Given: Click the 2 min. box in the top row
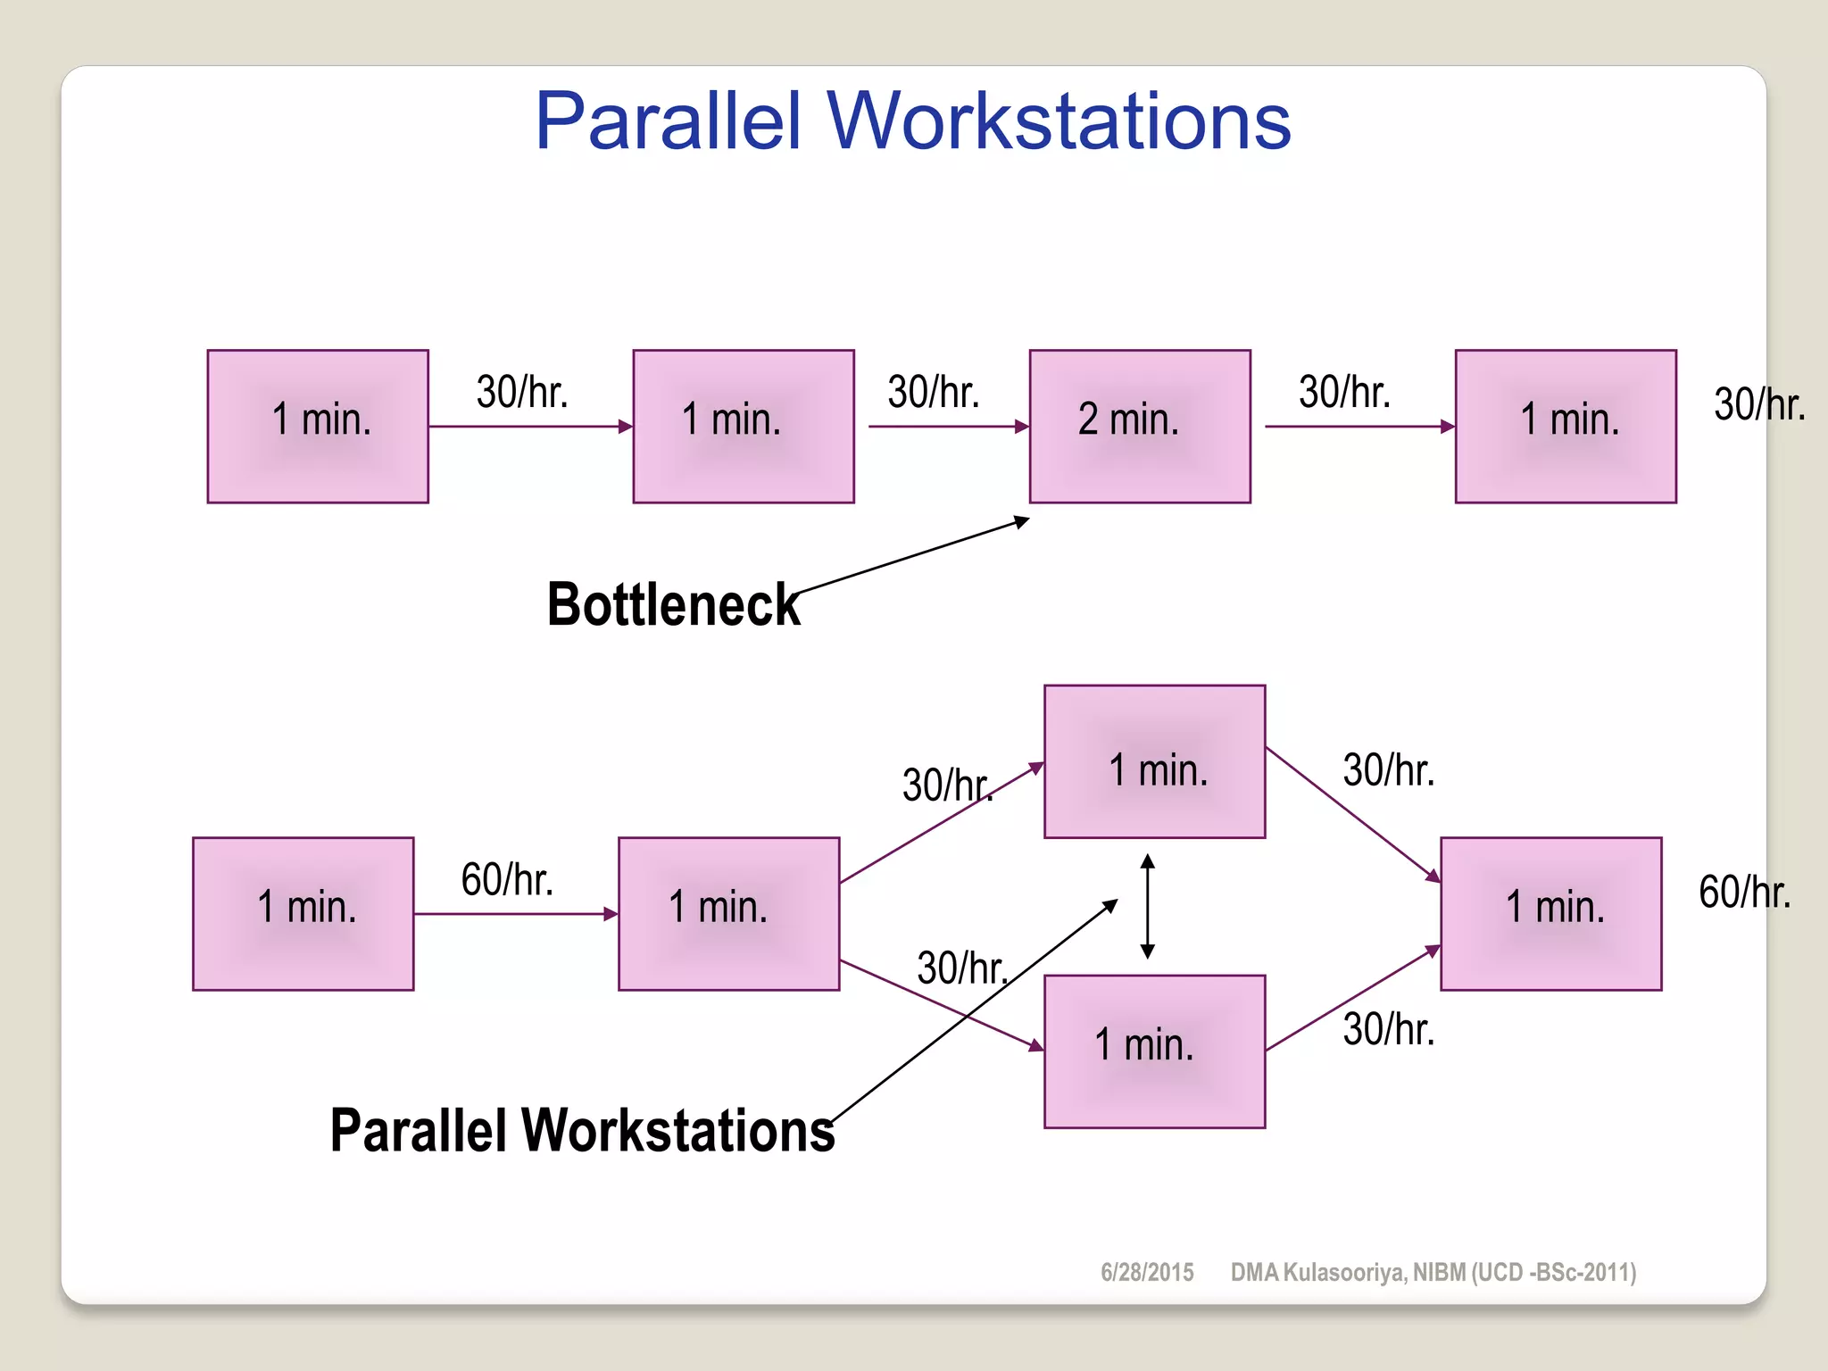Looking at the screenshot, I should pyautogui.click(x=1140, y=427).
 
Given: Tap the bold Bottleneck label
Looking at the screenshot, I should pyautogui.click(x=673, y=605).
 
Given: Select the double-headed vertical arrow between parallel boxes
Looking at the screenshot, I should pyautogui.click(x=1148, y=906).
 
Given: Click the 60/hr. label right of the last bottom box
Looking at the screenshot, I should pyautogui.click(x=1744, y=892).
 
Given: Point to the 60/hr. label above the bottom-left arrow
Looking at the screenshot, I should pyautogui.click(x=507, y=879).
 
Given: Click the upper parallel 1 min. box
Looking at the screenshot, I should pyautogui.click(x=1154, y=761).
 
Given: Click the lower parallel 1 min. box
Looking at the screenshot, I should pyautogui.click(x=1154, y=1051).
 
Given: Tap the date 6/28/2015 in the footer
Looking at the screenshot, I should pyautogui.click(x=1147, y=1272).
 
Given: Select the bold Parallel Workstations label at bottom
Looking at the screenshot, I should pyautogui.click(x=582, y=1131).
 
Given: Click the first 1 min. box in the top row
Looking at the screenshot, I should pyautogui.click(x=318, y=427).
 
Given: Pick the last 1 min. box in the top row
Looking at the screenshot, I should pyautogui.click(x=1566, y=427).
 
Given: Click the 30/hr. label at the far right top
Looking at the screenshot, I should pyautogui.click(x=1759, y=404).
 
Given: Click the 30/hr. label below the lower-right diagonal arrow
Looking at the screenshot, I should pyautogui.click(x=1389, y=1029).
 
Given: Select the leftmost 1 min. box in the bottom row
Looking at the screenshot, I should pyautogui.click(x=303, y=914).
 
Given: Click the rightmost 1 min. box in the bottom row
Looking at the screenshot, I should pyautogui.click(x=1551, y=914).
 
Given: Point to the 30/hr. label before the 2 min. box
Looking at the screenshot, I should pyautogui.click(x=934, y=392).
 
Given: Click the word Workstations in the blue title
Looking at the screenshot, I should pyautogui.click(x=1059, y=121).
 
